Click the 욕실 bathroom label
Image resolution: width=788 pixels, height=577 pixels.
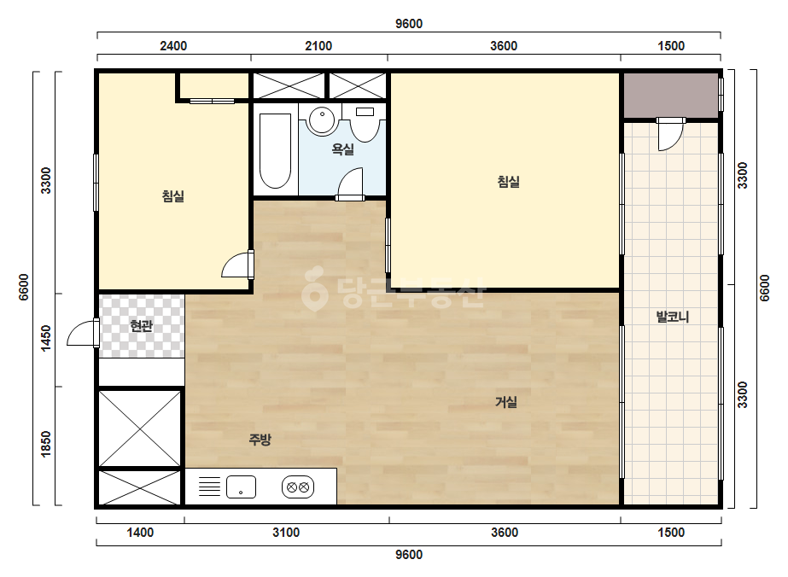tap(343, 149)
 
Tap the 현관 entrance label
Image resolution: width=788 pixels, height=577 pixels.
tap(141, 326)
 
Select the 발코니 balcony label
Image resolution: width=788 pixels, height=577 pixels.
tap(673, 318)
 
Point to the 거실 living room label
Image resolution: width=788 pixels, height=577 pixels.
tap(506, 402)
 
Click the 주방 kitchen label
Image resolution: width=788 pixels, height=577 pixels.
tap(260, 440)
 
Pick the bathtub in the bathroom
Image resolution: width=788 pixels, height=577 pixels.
tap(276, 151)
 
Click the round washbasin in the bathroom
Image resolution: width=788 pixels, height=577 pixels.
tap(322, 120)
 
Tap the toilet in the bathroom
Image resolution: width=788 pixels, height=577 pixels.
tap(365, 124)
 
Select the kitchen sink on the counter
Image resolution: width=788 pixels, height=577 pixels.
tap(242, 487)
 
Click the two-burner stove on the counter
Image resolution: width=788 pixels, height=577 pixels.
tap(298, 487)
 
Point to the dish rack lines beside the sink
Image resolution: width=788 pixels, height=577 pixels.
tap(209, 487)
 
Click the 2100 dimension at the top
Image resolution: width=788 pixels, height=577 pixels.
tap(318, 46)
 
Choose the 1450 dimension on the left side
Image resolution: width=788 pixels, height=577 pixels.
tap(46, 338)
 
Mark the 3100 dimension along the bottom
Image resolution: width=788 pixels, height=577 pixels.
tap(286, 533)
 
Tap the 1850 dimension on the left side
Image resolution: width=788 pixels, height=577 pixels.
tap(46, 445)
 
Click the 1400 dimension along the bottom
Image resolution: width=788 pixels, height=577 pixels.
tap(140, 533)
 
